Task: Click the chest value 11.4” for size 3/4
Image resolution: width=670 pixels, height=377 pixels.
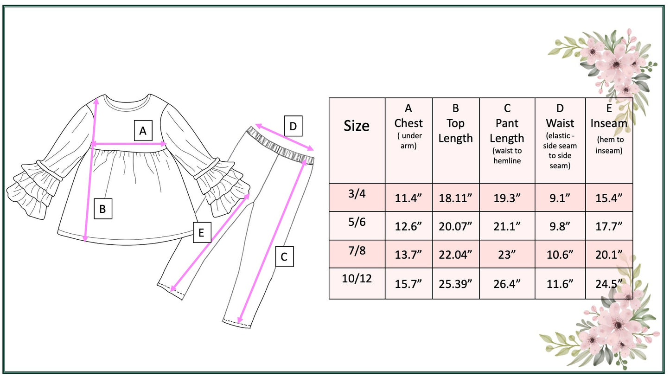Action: (408, 198)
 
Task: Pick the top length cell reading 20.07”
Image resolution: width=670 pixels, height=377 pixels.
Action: (455, 226)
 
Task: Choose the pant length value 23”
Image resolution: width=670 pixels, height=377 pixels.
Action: (507, 255)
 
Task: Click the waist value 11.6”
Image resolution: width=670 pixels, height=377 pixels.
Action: (560, 284)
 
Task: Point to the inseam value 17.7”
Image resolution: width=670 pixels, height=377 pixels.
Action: (609, 226)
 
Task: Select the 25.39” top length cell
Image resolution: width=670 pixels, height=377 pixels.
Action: (455, 284)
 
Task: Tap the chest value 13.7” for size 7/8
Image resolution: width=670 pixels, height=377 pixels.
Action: (408, 255)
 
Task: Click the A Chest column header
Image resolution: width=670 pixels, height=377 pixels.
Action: (408, 128)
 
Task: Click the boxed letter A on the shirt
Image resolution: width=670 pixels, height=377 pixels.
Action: (143, 131)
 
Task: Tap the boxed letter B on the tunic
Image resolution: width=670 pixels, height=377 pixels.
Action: (102, 209)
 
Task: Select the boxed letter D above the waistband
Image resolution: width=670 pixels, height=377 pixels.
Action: (293, 126)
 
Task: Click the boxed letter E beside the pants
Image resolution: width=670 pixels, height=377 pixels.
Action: (201, 232)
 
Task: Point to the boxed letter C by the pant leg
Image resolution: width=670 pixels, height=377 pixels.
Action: (284, 256)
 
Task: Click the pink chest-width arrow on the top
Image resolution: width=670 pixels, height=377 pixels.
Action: (129, 145)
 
